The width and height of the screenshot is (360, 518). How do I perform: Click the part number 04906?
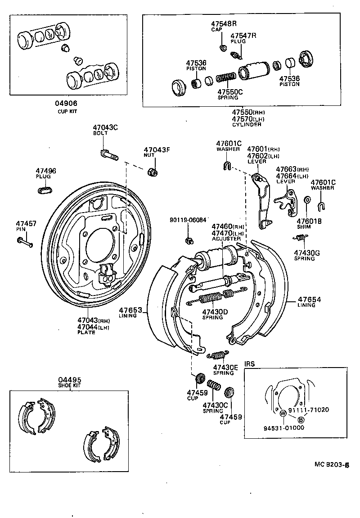pos(66,103)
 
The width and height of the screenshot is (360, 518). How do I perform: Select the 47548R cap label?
pos(224,23)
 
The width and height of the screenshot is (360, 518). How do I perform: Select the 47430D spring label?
pos(215,311)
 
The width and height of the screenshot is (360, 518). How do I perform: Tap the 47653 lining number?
pos(130,310)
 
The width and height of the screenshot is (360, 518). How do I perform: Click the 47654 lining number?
pos(306,299)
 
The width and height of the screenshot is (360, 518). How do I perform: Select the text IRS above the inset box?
pos(249,364)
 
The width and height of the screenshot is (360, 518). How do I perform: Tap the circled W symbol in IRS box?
pos(283,413)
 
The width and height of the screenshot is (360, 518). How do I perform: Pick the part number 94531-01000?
pos(283,427)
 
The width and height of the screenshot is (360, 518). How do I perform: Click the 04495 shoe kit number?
pos(70,379)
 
